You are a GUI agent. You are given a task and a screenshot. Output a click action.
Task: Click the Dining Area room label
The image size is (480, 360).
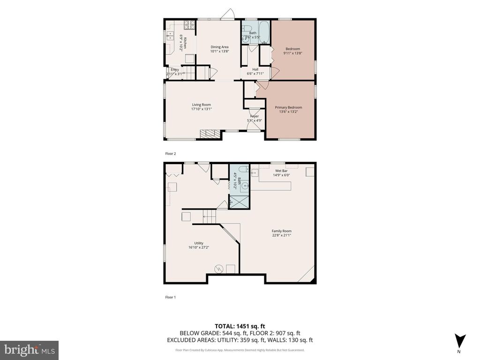click(x=219, y=47)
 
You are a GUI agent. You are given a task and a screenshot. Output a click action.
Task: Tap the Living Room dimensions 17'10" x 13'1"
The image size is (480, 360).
click(x=202, y=109)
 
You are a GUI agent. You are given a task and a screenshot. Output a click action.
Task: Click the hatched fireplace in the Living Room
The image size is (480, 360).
click(x=209, y=134)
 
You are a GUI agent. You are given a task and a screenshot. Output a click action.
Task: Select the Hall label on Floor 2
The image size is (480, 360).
click(x=255, y=69)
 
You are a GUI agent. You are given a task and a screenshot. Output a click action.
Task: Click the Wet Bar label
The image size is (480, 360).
click(x=281, y=171)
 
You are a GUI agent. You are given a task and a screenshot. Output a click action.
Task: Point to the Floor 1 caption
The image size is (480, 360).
click(x=170, y=297)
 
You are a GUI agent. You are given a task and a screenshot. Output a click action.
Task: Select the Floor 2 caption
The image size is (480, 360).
click(x=170, y=153)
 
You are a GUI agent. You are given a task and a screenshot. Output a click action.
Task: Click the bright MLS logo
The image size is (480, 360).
click(x=29, y=350)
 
